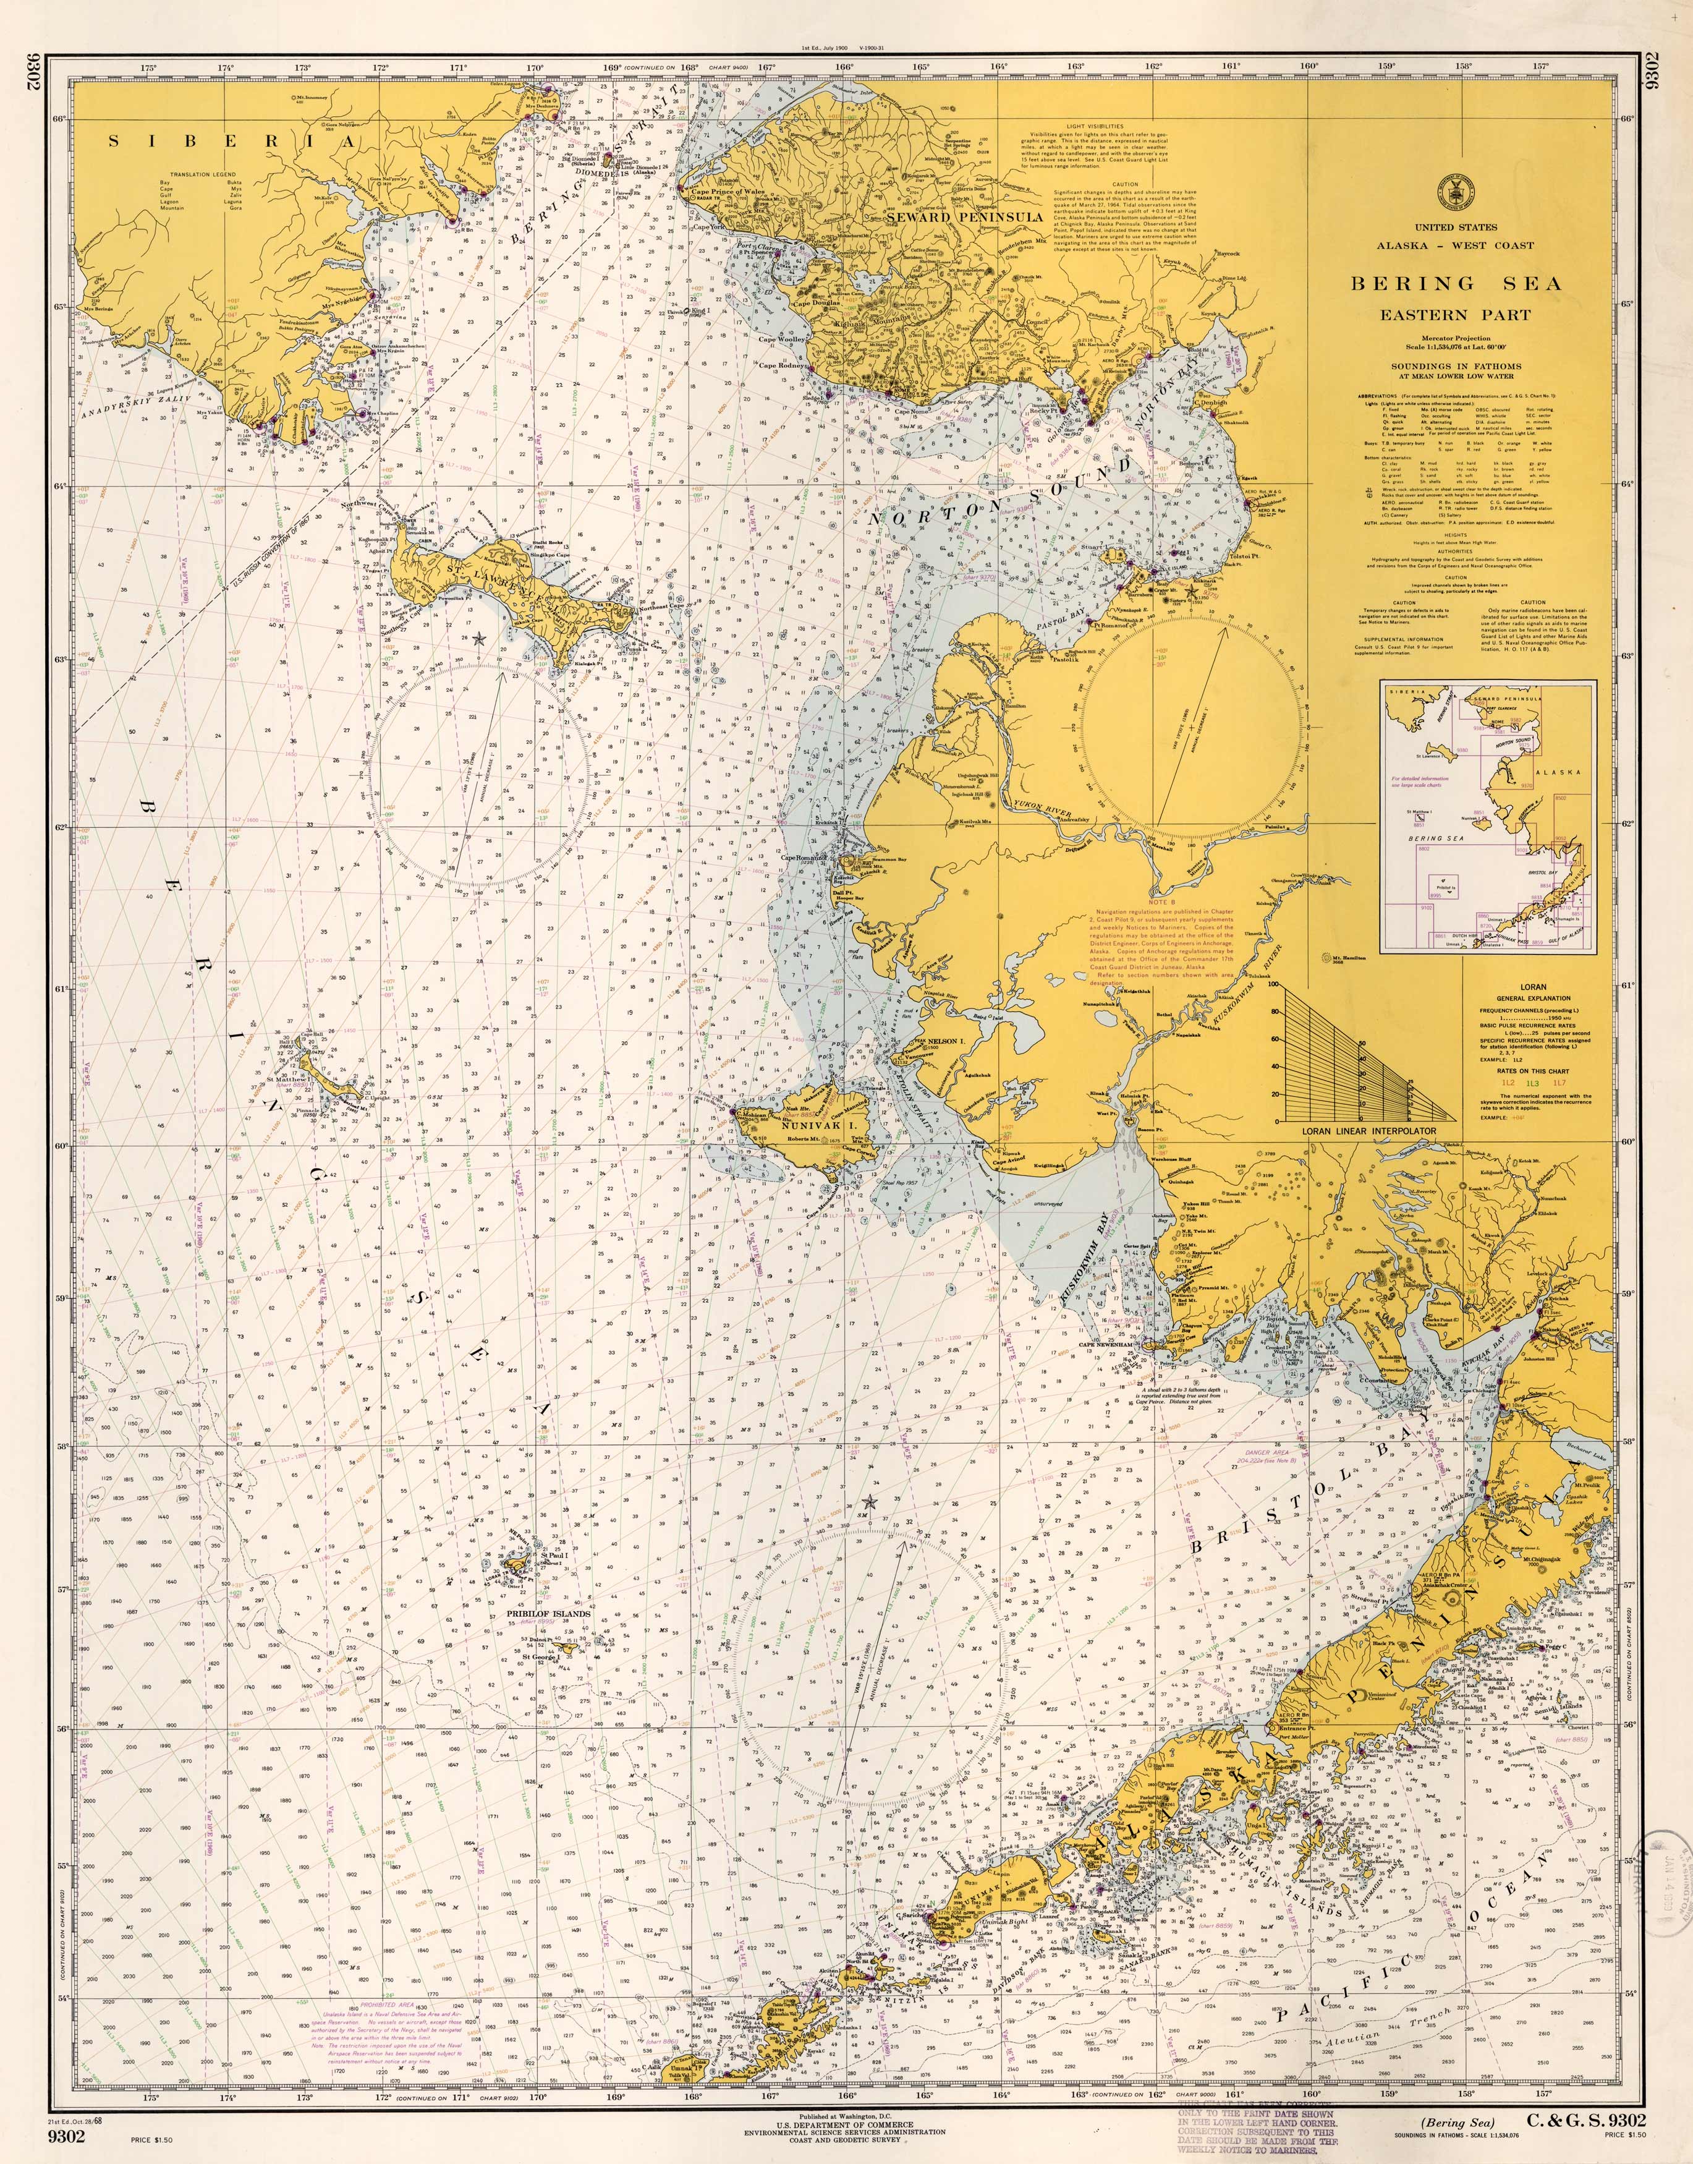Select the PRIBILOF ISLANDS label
[x=548, y=1613]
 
